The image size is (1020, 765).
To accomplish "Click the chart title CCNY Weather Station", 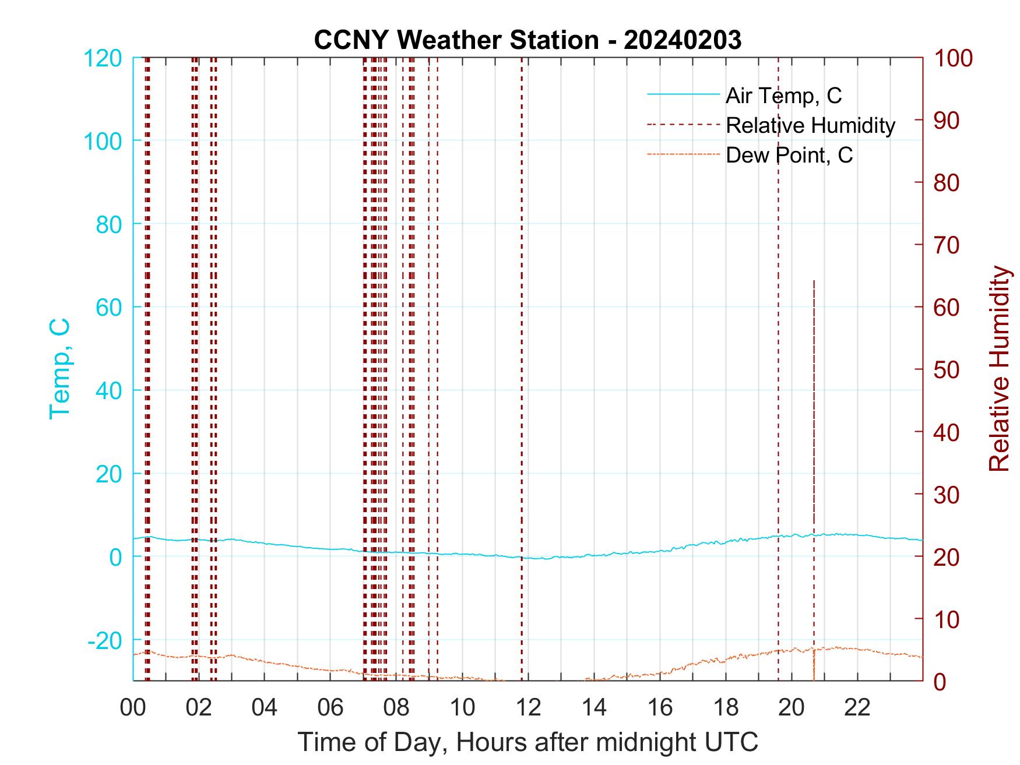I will pos(527,40).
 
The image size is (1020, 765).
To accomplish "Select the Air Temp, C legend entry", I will pos(783,96).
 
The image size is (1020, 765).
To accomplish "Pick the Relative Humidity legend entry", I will pos(810,125).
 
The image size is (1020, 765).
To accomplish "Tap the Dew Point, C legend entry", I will pos(789,156).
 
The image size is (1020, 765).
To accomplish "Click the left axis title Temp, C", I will pos(59,368).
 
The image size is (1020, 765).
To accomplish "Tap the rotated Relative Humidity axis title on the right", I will pos(999,368).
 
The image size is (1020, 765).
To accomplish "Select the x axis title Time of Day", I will pos(527,742).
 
